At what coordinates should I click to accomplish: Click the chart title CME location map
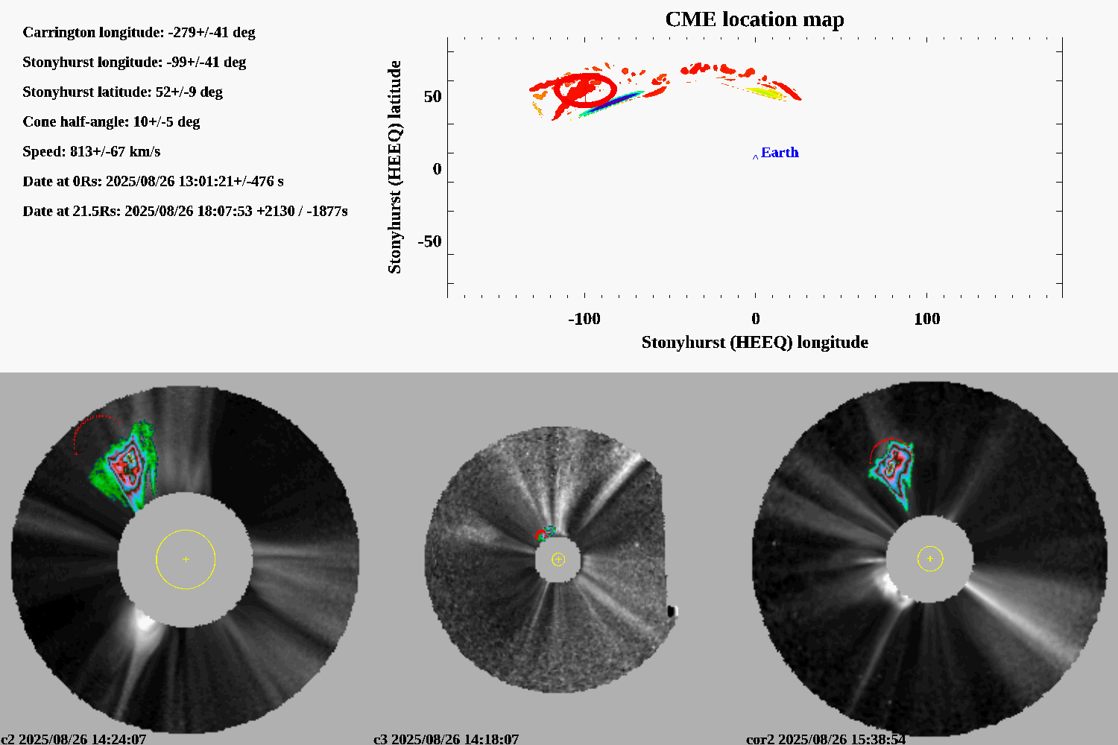click(x=754, y=19)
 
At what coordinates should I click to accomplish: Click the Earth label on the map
click(x=780, y=153)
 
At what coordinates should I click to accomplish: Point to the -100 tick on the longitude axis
click(x=584, y=319)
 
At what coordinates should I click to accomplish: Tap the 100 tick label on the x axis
click(x=926, y=319)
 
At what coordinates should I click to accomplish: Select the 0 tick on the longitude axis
click(x=756, y=319)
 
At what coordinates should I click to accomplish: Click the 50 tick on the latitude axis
click(x=432, y=97)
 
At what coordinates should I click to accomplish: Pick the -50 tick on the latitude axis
click(x=429, y=241)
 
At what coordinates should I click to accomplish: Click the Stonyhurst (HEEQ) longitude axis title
click(x=754, y=342)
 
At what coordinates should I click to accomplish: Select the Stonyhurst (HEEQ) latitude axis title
click(x=394, y=167)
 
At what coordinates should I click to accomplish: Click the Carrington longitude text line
click(x=139, y=33)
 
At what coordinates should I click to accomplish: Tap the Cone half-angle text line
click(x=111, y=122)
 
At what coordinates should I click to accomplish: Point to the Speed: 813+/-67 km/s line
click(x=92, y=152)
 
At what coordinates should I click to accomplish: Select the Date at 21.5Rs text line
click(x=185, y=212)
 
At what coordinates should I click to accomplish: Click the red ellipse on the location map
click(x=585, y=89)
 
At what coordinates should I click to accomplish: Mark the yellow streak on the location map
click(x=764, y=92)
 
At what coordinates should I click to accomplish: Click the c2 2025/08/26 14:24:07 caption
click(x=73, y=739)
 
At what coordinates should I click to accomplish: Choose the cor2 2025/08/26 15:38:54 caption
click(x=826, y=739)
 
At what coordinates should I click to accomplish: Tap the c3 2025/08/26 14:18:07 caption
click(x=446, y=739)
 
